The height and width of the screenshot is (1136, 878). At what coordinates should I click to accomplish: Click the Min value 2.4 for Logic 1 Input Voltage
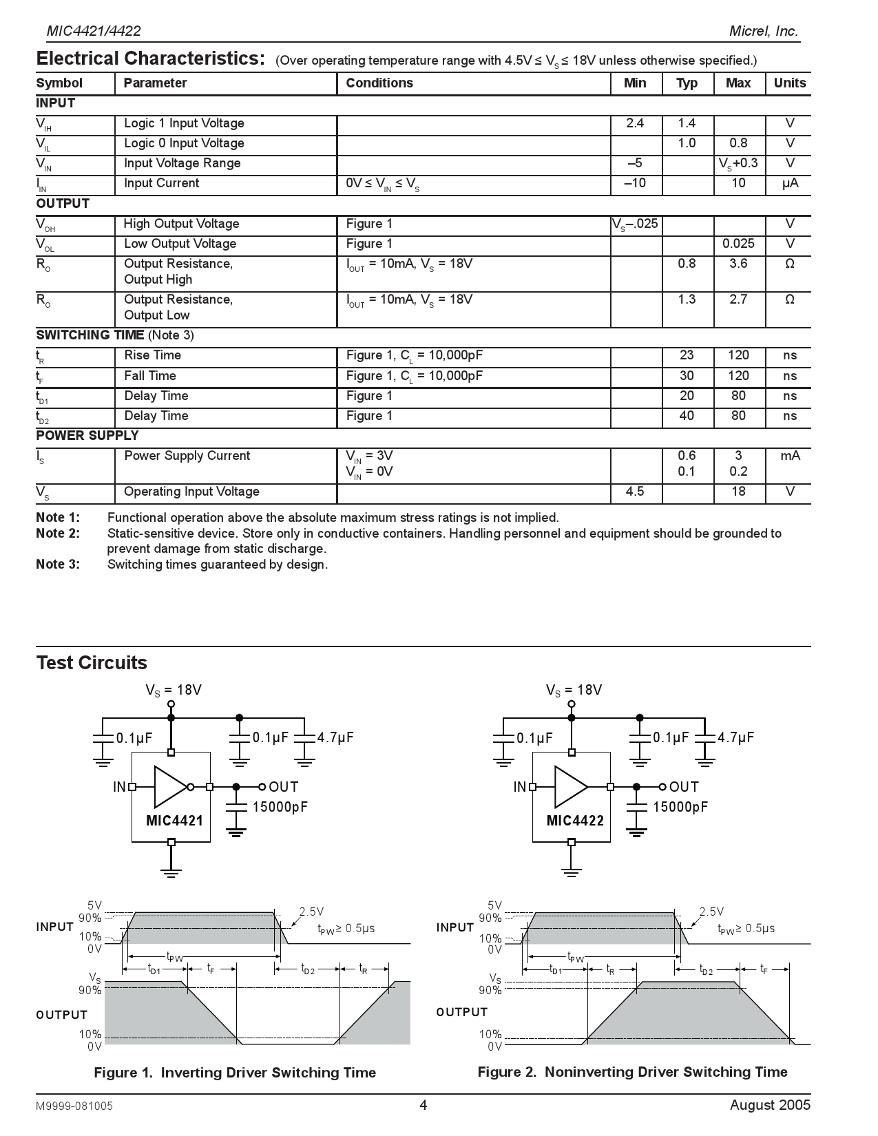635,123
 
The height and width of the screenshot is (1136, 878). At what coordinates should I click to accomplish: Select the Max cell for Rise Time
738,355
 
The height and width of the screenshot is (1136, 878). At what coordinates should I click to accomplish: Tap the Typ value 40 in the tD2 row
687,416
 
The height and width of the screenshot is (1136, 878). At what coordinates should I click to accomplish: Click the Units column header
789,83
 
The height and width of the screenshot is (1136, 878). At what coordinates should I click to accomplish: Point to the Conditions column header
379,83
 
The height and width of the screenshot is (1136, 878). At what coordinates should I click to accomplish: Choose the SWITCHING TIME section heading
90,335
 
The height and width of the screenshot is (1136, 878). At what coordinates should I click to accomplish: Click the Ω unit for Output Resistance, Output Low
789,299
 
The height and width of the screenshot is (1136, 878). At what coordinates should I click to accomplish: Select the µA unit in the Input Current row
789,183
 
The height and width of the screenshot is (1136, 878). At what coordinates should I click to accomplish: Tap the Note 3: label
58,565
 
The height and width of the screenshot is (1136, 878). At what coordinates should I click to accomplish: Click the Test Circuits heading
92,663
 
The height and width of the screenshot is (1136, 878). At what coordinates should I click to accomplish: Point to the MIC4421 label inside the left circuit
174,821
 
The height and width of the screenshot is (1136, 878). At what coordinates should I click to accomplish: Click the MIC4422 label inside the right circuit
575,821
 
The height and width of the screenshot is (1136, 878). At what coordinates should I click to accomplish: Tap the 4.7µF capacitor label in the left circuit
335,737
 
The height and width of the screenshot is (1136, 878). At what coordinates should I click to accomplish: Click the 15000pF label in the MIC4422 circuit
680,807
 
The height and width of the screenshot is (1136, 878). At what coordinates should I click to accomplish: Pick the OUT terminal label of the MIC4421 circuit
283,787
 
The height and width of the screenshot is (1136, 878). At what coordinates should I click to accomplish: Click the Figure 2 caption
632,1072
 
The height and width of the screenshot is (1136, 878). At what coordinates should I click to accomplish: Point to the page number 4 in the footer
424,1106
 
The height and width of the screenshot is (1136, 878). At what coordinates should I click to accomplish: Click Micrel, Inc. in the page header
764,31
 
